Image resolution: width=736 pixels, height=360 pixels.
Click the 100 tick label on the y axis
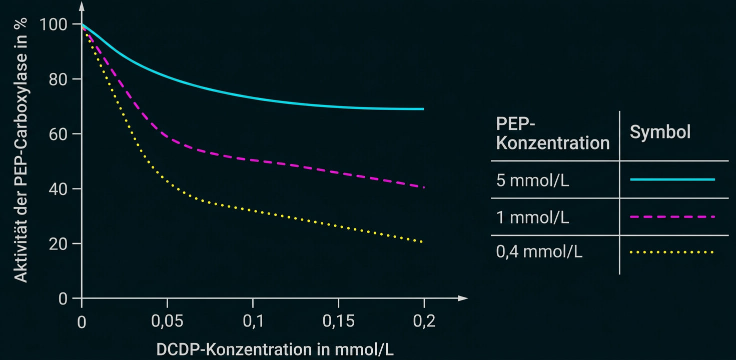[53, 24]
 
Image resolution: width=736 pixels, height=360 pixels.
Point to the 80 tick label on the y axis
[58, 79]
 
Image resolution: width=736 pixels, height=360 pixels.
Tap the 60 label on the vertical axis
[58, 134]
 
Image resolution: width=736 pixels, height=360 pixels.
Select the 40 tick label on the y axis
[58, 189]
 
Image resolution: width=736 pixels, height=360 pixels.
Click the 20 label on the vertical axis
[58, 243]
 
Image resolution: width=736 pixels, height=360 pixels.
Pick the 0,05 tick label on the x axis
[167, 321]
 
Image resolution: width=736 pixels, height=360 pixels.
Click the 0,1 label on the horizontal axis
[253, 321]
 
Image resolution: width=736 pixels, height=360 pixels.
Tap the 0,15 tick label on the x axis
[338, 321]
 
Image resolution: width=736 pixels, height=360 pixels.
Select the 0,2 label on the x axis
[424, 321]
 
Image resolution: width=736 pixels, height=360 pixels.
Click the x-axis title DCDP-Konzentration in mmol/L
[275, 349]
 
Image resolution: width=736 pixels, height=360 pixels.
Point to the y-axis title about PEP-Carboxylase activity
[21, 150]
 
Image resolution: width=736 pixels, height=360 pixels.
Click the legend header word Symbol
[660, 132]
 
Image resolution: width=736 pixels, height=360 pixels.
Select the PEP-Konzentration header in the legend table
[553, 133]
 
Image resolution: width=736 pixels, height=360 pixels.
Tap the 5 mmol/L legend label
[533, 180]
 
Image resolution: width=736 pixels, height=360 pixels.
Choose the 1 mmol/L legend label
[533, 217]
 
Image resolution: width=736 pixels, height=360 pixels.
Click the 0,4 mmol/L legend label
[539, 251]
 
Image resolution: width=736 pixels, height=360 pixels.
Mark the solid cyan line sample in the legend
[672, 179]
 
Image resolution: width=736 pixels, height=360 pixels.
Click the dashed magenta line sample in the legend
[672, 217]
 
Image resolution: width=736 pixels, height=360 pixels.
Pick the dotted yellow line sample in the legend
[672, 252]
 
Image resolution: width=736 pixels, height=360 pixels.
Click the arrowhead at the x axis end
[463, 298]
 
